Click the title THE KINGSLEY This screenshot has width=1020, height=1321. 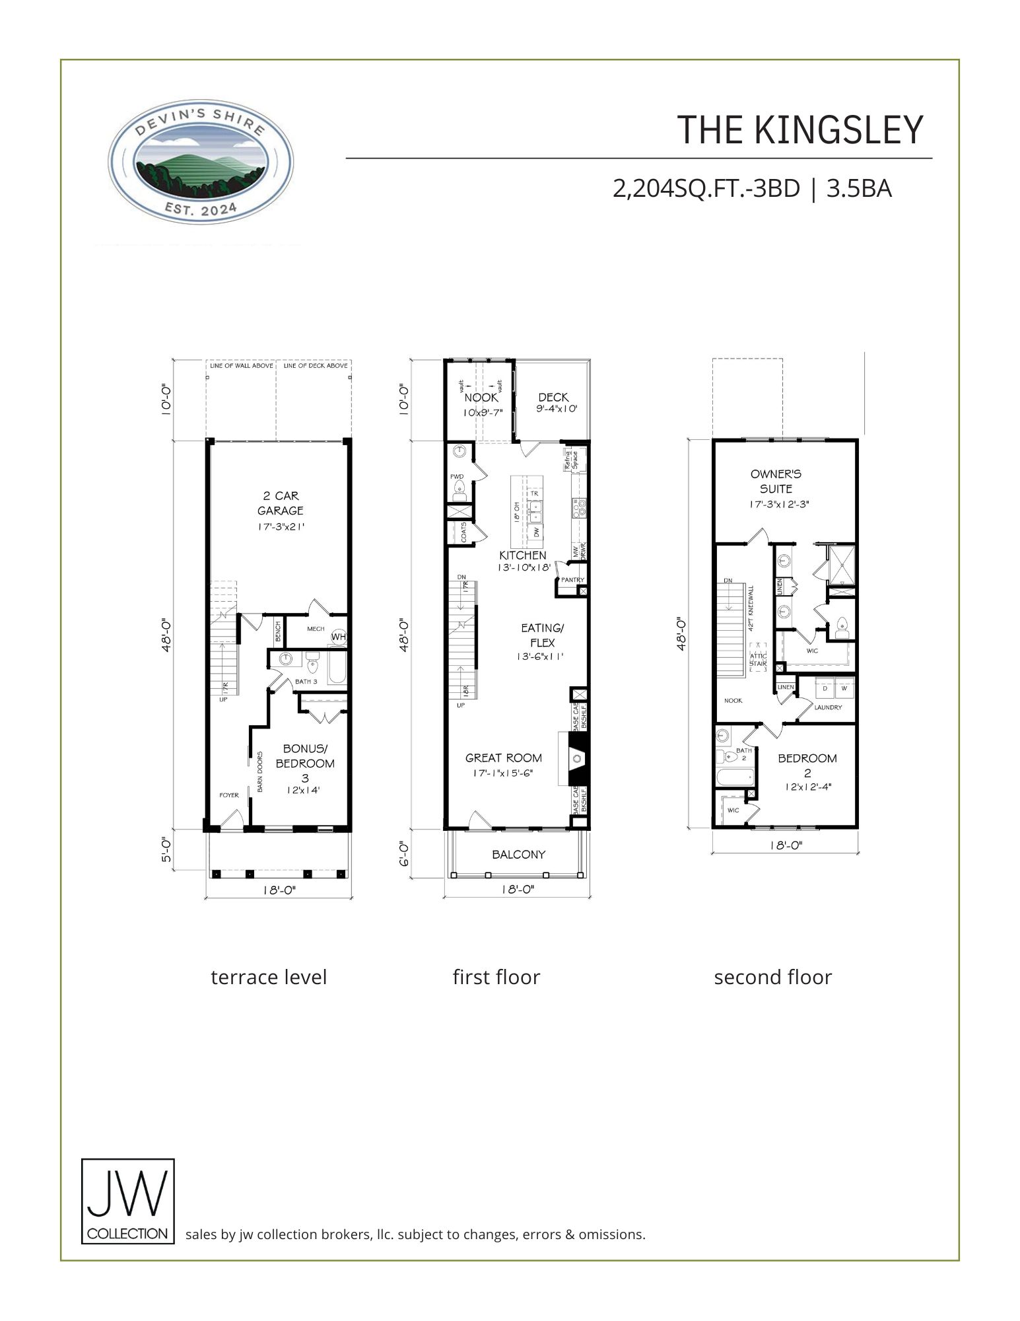click(x=799, y=130)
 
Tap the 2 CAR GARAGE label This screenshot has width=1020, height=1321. click(x=281, y=503)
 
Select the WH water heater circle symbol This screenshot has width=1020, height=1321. click(x=338, y=637)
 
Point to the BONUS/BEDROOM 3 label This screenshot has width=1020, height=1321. click(x=304, y=763)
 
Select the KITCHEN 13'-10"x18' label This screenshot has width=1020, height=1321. click(x=523, y=560)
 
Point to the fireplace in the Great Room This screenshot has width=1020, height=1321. click(x=573, y=758)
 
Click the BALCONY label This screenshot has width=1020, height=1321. click(x=519, y=855)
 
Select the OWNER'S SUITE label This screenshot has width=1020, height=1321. click(x=776, y=482)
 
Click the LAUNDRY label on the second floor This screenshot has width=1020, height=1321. click(x=828, y=707)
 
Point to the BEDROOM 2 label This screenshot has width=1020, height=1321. click(x=807, y=766)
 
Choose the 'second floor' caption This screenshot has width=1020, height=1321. click(x=772, y=977)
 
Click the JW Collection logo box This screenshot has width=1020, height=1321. click(x=127, y=1201)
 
